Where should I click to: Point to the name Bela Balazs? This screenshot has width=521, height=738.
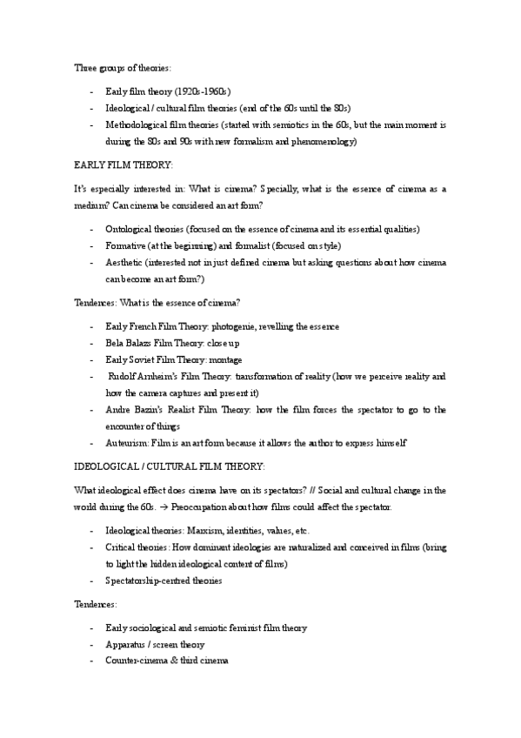point(127,343)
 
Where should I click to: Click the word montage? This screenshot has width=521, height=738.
point(224,359)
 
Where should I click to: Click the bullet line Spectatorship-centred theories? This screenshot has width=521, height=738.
point(163,580)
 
